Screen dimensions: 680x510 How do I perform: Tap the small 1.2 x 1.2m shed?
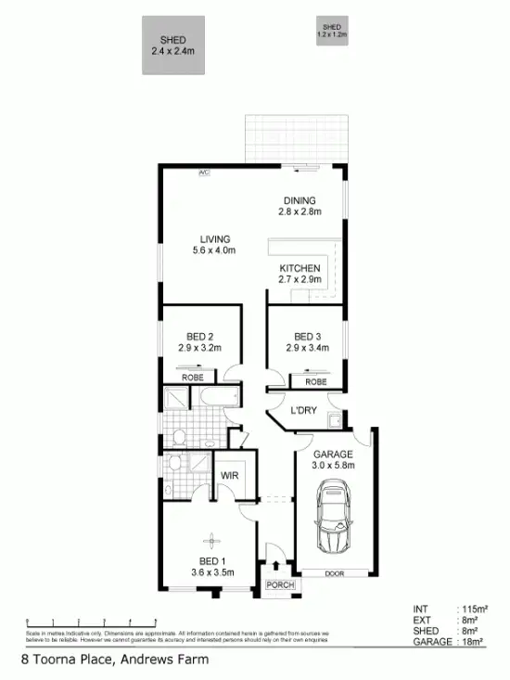point(331,31)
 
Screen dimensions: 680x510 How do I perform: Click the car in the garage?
point(331,522)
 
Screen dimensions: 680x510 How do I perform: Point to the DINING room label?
point(299,200)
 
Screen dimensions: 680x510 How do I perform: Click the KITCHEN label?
point(300,269)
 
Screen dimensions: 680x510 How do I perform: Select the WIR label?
point(228,477)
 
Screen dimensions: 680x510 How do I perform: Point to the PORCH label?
point(278,584)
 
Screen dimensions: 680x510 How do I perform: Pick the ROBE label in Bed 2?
point(192,378)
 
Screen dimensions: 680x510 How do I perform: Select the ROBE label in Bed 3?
point(315,381)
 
